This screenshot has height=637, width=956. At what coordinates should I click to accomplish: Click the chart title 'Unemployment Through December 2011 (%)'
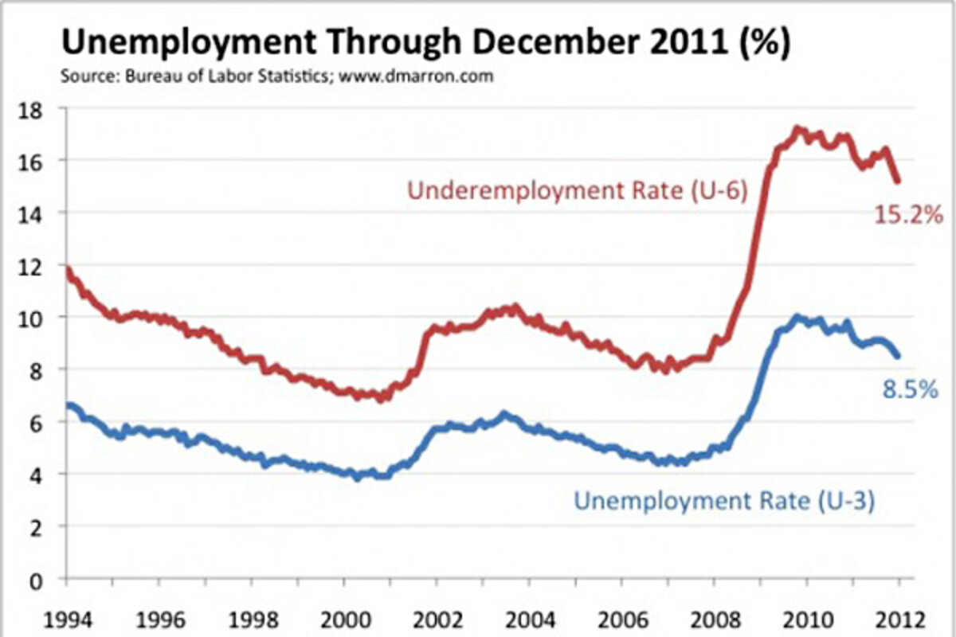pos(425,44)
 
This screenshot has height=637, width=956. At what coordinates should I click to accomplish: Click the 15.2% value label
pos(909,214)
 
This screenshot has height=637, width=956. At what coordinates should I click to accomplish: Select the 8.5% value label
pos(909,391)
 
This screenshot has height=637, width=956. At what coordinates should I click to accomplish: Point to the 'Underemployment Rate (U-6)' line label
pos(577,192)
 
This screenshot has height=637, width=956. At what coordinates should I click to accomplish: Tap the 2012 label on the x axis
pos(899,619)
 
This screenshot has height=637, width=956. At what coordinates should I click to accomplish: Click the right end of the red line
pos(899,181)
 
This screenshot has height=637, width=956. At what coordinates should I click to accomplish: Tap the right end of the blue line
pos(899,356)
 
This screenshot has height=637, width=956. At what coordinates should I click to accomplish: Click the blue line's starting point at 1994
pos(68,406)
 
